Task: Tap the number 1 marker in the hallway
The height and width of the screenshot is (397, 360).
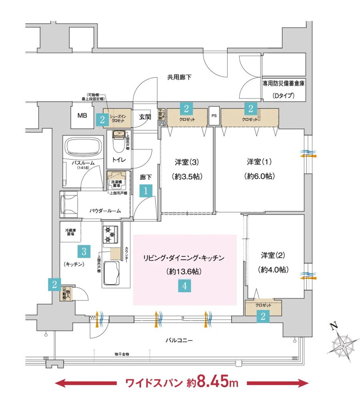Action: [x=146, y=192]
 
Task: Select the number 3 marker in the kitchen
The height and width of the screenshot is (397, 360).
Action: [x=84, y=251]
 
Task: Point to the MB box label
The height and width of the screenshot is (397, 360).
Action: [x=82, y=116]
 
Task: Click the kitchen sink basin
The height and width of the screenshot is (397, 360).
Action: [x=112, y=273]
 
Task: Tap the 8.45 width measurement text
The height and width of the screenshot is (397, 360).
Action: [x=213, y=383]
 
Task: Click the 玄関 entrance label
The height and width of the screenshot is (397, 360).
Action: [x=145, y=117]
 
